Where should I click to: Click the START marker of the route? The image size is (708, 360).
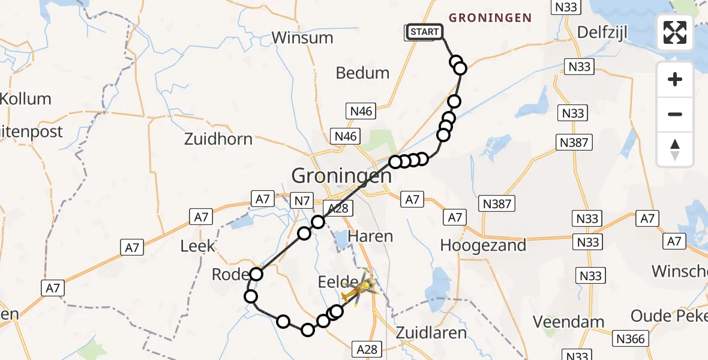[425, 32]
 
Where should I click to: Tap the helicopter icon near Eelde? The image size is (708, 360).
[358, 289]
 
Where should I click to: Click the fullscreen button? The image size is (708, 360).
[675, 32]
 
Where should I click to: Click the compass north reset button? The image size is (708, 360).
[675, 149]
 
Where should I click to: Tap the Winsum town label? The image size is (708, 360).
[302, 37]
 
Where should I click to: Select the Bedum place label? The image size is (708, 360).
[362, 73]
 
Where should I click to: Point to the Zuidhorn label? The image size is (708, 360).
[219, 139]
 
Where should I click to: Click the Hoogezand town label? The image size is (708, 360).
[483, 245]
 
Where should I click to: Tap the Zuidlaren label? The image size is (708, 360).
[431, 332]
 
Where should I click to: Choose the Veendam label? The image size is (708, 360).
[568, 322]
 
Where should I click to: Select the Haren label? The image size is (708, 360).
[371, 236]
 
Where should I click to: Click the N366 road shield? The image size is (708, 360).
[630, 339]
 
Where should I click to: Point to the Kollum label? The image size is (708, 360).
[25, 98]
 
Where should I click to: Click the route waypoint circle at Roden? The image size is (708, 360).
[256, 274]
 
